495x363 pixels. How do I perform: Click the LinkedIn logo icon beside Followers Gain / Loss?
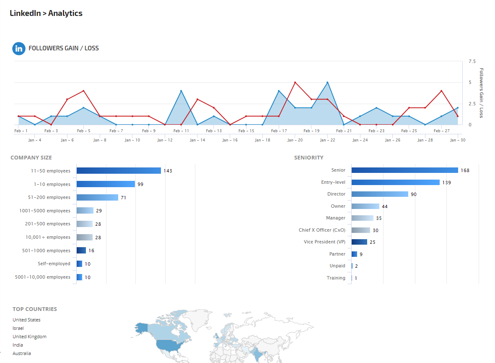click(x=19, y=49)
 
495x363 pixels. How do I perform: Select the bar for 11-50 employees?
click(x=119, y=171)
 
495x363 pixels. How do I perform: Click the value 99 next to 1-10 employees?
click(x=140, y=184)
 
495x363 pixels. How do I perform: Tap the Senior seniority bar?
click(x=404, y=170)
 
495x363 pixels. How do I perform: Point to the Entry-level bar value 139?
click(x=446, y=183)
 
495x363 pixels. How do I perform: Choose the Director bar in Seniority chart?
click(x=380, y=194)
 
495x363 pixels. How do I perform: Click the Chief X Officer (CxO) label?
click(x=322, y=230)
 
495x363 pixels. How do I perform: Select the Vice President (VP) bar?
click(x=359, y=242)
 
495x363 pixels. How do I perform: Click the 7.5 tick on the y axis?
click(x=472, y=61)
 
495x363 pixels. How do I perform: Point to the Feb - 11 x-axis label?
click(x=181, y=131)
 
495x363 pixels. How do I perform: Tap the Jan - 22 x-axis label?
click(x=327, y=140)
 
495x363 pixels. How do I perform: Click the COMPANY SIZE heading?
click(x=31, y=158)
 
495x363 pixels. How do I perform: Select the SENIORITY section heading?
click(x=308, y=158)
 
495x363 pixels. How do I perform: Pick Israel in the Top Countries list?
click(x=18, y=328)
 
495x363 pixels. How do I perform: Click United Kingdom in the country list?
click(x=29, y=337)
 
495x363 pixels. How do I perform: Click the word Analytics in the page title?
click(x=65, y=13)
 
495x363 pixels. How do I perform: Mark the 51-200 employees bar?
click(x=97, y=197)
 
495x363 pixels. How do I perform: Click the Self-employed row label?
click(x=54, y=264)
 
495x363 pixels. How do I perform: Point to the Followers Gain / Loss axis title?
click(x=481, y=93)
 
